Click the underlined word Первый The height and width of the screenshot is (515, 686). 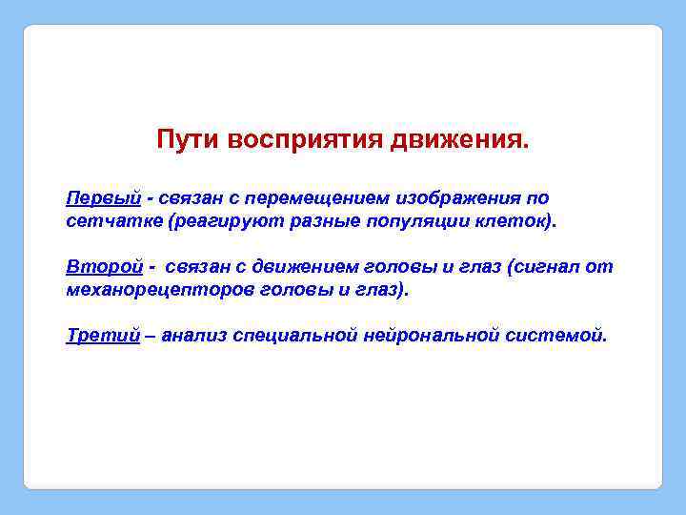coord(103,198)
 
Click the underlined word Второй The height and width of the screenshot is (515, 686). coord(103,267)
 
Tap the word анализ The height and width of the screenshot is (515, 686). coord(195,336)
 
